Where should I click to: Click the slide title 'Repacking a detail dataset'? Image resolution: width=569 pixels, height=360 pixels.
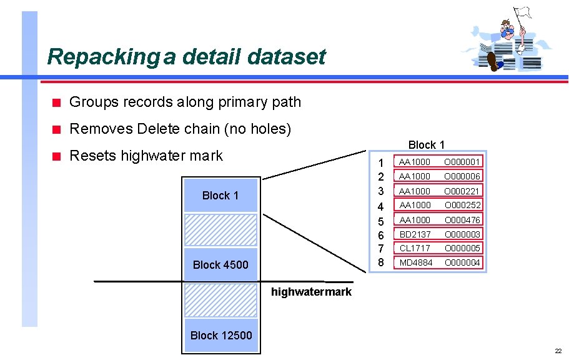(186, 57)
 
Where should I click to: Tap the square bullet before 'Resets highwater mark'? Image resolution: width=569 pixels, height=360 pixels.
(56, 156)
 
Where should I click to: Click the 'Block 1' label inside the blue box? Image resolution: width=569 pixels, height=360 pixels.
(220, 196)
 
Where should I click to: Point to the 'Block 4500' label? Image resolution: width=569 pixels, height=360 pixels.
(220, 265)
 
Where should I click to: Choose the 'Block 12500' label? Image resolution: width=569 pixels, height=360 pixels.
(221, 336)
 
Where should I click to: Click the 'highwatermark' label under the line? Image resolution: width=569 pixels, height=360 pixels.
(311, 292)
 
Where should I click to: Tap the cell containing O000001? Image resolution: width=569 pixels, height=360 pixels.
(462, 162)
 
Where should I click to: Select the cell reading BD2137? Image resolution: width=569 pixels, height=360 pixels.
(415, 234)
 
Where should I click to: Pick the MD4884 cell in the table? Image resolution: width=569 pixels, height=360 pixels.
(415, 263)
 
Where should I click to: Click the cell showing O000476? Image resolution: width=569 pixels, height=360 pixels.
(462, 220)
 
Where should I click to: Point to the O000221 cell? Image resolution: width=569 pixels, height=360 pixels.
(462, 191)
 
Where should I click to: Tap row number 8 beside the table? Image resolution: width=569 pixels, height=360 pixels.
(381, 262)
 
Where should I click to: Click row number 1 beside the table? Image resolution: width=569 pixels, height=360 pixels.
(381, 162)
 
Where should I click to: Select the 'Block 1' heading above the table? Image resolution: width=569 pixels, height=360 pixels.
(427, 145)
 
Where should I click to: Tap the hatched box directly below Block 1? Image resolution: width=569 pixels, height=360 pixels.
(220, 229)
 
